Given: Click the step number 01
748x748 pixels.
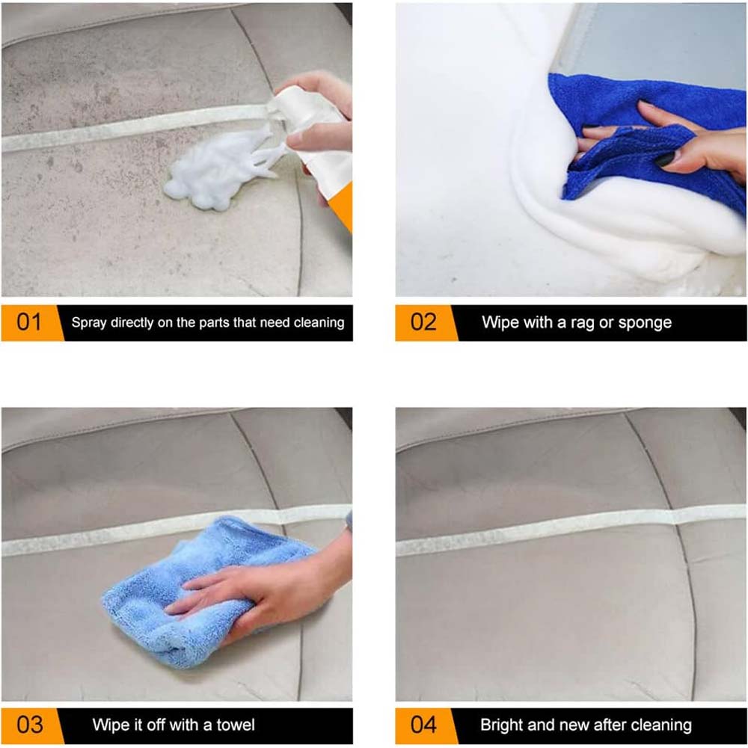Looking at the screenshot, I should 29,322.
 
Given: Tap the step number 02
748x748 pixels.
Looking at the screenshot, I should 423,322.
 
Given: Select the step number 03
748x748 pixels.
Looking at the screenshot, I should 29,724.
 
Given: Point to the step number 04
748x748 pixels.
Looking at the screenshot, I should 423,724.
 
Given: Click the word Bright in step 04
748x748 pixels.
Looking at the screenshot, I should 502,724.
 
